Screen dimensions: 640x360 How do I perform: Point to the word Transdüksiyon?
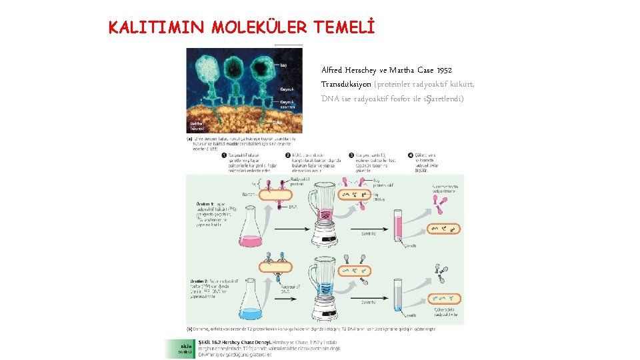tap(346, 84)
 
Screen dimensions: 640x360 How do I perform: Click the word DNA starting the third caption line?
tap(330, 99)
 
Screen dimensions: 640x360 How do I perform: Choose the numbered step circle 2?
tap(287, 154)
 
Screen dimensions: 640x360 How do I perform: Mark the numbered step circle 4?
tap(411, 154)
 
